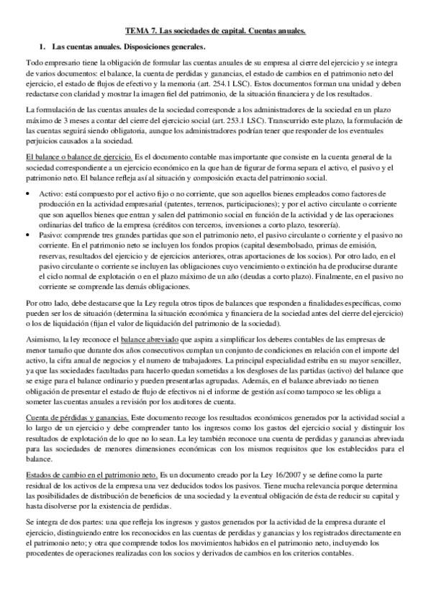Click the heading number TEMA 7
point(138,31)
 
